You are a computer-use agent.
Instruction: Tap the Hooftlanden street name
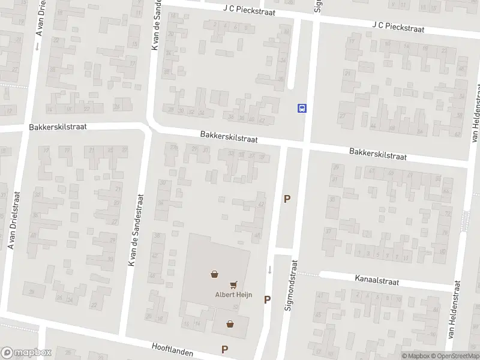click(x=175, y=347)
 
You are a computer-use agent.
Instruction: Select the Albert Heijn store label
click(x=232, y=294)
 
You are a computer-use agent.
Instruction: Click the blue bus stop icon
click(x=302, y=108)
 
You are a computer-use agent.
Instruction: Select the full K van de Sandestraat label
click(x=135, y=230)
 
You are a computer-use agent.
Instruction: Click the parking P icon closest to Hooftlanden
click(x=225, y=349)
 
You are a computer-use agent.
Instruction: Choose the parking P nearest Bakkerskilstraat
click(x=287, y=199)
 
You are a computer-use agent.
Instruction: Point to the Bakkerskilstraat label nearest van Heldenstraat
click(x=378, y=154)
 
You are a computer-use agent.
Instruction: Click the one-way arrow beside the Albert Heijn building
click(x=269, y=269)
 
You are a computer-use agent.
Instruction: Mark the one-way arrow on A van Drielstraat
click(x=37, y=46)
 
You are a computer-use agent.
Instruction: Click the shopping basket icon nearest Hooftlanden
click(x=230, y=324)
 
